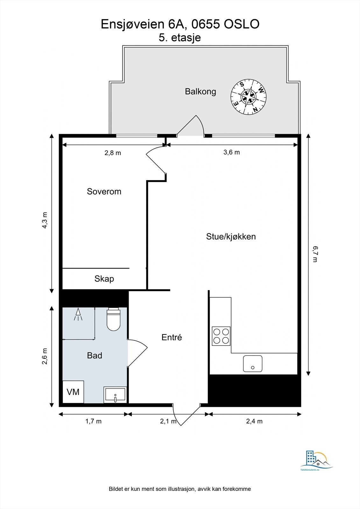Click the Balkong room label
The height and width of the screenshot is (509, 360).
coord(200,92)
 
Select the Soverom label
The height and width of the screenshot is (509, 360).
coord(104,192)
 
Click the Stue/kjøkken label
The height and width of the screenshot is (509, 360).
coord(231,237)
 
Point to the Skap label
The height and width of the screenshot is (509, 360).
coord(104,279)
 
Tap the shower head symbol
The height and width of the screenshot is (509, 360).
coord(78,315)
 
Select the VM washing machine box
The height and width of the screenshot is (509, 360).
coord(73,392)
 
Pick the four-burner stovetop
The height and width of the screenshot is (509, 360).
coord(221,336)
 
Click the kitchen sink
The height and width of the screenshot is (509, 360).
coord(253,364)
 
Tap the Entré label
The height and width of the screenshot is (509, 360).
coord(172,338)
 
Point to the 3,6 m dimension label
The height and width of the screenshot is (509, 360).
coord(231,152)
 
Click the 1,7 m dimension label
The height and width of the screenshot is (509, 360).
coord(93,422)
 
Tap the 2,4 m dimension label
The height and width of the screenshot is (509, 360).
coord(254,422)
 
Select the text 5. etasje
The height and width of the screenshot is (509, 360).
coord(180,38)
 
